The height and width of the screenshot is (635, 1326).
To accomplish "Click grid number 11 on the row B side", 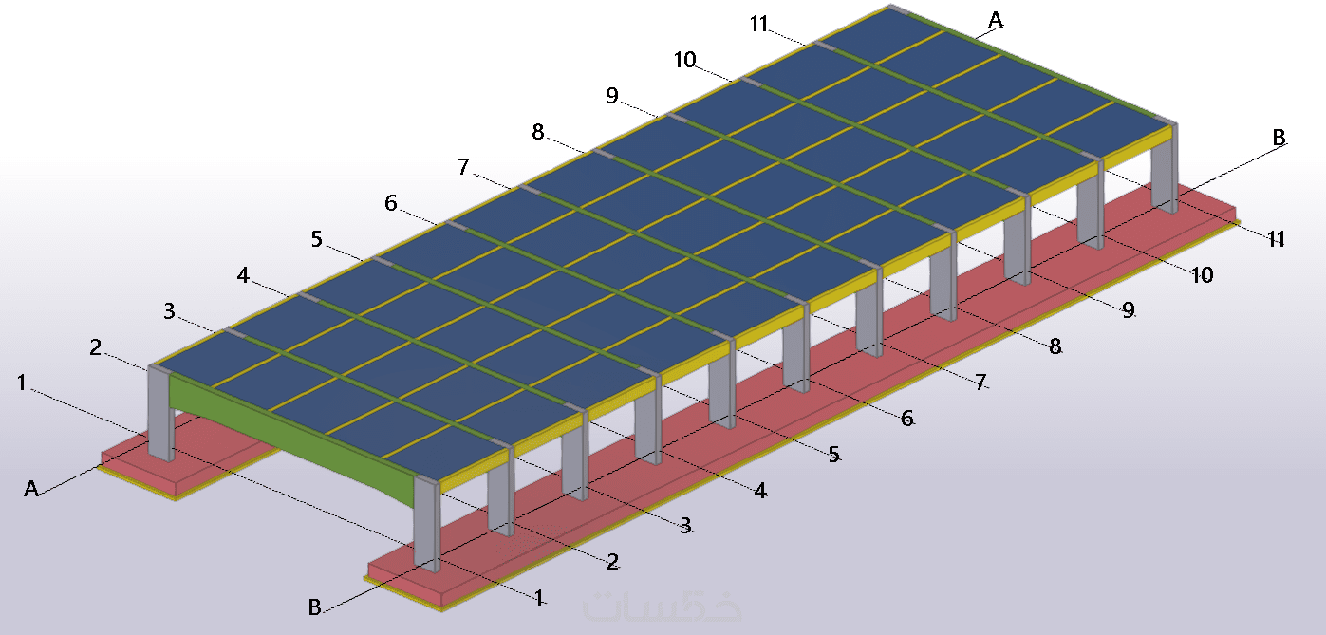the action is [1277, 239].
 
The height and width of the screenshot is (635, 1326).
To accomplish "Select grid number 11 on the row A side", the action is [759, 25].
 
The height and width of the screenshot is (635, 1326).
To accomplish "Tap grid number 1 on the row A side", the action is [22, 383].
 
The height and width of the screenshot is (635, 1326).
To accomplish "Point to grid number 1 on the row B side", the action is [539, 598].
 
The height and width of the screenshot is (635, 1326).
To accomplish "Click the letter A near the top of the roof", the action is [996, 21].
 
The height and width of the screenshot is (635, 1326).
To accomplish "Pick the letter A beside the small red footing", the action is [31, 488].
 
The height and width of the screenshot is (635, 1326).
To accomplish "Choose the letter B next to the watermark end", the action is [315, 607].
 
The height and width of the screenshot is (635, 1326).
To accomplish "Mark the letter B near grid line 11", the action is [1279, 138].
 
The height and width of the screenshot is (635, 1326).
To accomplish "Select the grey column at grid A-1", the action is [160, 413].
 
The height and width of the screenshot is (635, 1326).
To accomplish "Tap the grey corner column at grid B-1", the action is [427, 523].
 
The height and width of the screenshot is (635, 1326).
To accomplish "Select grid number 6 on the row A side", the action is [391, 203].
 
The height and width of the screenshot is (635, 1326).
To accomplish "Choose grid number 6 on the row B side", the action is [907, 419].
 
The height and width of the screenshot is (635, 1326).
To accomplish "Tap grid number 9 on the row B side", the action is [1129, 310].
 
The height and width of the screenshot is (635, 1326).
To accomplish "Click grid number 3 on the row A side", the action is [170, 311].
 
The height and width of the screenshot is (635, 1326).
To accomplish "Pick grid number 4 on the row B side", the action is [760, 491].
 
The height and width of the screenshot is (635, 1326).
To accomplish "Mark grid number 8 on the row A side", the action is [537, 131].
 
